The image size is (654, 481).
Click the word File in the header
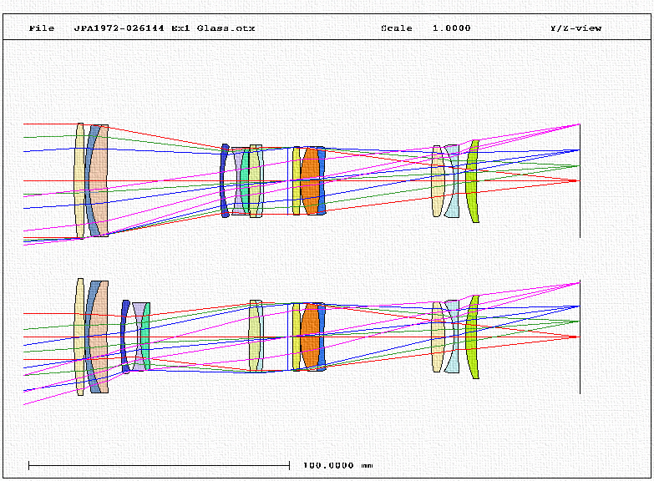coord(42,28)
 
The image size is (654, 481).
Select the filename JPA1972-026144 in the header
coord(119,28)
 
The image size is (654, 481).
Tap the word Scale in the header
coord(396,28)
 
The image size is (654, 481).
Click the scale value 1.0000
coord(451,28)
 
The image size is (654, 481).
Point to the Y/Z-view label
coord(575,28)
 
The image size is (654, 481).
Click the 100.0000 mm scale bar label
coord(337,465)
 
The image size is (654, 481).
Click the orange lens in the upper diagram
coord(310,180)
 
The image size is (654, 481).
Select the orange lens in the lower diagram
coord(310,337)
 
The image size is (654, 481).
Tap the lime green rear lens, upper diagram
coord(472,181)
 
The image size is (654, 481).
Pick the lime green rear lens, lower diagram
coord(472,337)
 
